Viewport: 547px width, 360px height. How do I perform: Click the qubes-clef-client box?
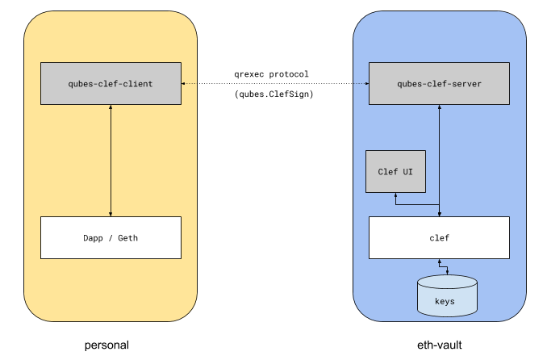click(x=111, y=83)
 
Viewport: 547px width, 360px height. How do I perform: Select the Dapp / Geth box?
click(x=111, y=237)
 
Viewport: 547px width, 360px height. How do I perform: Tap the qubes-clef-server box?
click(x=439, y=83)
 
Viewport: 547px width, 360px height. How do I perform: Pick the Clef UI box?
click(x=395, y=171)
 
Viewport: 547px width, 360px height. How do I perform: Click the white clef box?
click(x=439, y=237)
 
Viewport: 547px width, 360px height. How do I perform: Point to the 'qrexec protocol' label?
click(x=271, y=74)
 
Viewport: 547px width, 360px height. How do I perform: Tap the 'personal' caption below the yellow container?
click(x=107, y=345)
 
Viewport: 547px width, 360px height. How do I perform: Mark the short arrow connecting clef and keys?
click(x=439, y=266)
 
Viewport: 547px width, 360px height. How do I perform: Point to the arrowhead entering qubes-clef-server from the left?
click(x=365, y=83)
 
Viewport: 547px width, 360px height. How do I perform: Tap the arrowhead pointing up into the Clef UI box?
click(x=395, y=195)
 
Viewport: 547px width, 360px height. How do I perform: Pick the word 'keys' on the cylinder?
click(x=446, y=301)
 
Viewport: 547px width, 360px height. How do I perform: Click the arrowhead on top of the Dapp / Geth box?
click(x=111, y=214)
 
